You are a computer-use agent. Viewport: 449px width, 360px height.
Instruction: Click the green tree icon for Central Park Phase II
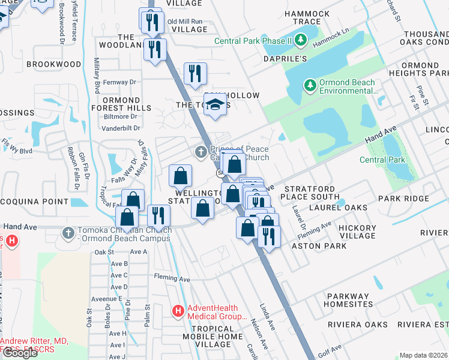pos(301,41)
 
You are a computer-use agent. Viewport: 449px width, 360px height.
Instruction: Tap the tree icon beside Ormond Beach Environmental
pos(310,86)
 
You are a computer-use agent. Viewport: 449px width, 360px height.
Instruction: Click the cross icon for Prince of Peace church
pos(200,150)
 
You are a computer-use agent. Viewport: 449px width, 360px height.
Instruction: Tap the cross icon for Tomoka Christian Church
pos(69,232)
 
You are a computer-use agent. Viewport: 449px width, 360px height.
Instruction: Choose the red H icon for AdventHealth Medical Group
pos(178,311)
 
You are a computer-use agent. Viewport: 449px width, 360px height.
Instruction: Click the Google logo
pos(20,353)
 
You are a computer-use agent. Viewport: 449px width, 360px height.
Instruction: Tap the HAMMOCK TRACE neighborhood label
pos(307,17)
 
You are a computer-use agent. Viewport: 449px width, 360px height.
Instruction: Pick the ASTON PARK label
pos(319,246)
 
